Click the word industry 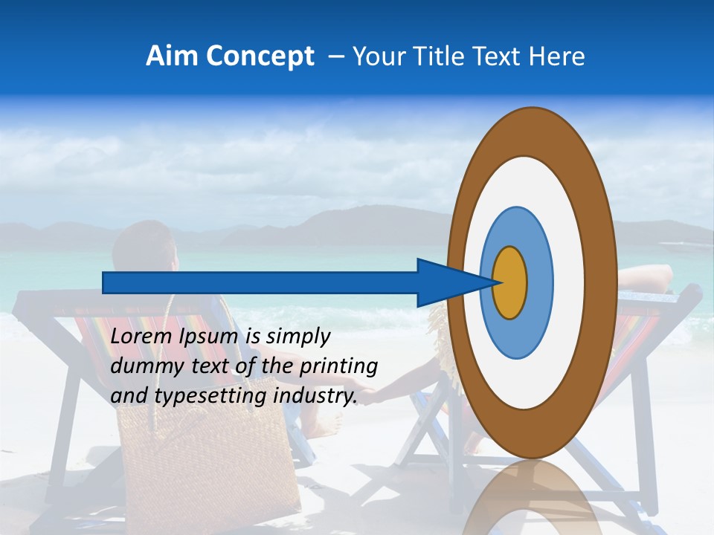[x=315, y=396]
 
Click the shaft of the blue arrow [x=260, y=282]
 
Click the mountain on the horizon [x=350, y=223]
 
